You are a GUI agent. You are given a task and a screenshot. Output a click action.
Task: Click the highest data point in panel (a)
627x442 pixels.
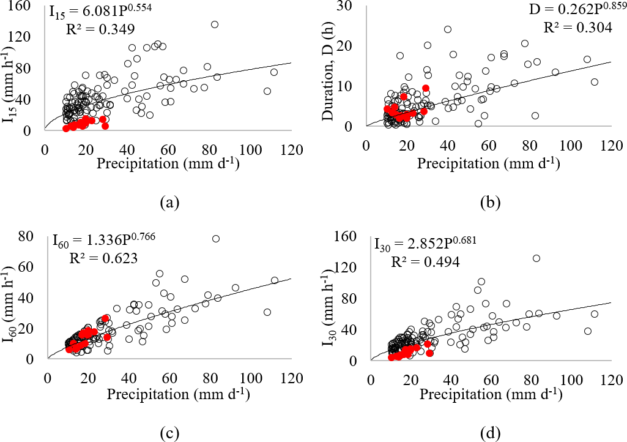pos(215,24)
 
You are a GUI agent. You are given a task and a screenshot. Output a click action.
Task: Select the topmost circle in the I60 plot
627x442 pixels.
pos(215,239)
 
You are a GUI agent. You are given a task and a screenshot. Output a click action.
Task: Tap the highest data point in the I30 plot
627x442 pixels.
pos(536,258)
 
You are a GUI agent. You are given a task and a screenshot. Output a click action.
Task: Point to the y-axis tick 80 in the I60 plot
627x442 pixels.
pos(35,235)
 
